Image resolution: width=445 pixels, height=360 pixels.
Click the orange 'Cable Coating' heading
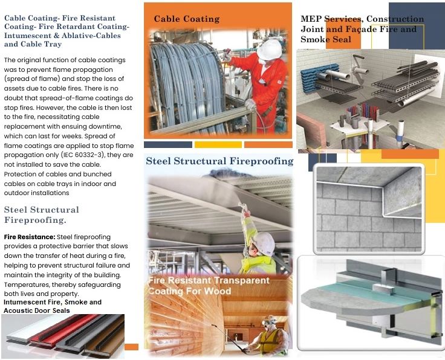(x=187, y=19)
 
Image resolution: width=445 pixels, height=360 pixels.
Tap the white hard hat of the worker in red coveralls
(x=269, y=50)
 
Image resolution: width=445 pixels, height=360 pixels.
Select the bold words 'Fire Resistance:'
(x=30, y=237)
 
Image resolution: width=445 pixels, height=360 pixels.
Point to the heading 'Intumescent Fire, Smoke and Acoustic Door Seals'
(x=53, y=306)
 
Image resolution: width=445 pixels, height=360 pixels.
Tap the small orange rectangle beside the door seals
(x=131, y=347)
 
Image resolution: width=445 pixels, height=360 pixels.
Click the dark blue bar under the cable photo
(x=168, y=144)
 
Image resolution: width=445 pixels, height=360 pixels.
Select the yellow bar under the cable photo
(x=218, y=144)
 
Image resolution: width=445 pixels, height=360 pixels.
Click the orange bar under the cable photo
(x=268, y=144)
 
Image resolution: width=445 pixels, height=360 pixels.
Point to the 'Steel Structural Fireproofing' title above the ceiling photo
(x=219, y=161)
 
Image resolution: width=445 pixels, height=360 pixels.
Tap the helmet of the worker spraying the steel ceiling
(x=264, y=242)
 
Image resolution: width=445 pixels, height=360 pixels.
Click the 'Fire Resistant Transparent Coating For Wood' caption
(x=209, y=286)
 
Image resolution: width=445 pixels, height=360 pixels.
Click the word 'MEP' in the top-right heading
(x=311, y=19)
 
